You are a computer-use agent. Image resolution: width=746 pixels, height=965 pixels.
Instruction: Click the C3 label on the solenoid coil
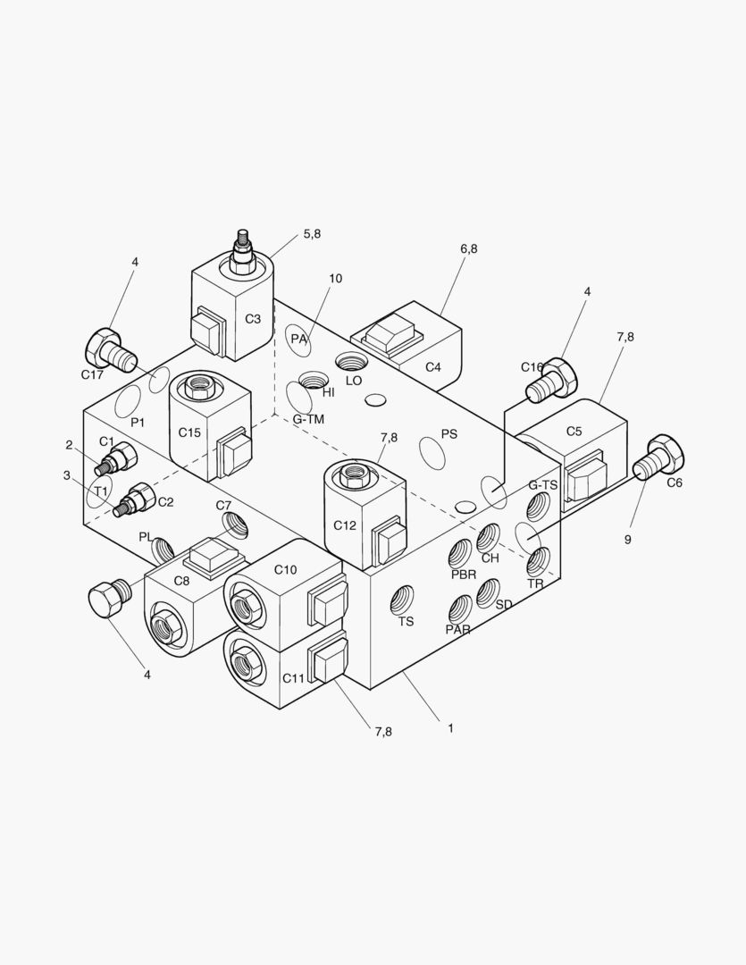click(252, 319)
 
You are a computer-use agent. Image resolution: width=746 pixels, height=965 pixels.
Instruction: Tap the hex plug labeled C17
click(110, 351)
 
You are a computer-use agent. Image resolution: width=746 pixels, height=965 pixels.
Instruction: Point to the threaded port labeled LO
click(350, 361)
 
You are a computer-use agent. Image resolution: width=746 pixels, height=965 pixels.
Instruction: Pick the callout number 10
click(335, 278)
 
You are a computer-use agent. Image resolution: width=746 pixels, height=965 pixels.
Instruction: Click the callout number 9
click(628, 540)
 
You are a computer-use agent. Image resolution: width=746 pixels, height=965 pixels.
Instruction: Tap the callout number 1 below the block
click(450, 728)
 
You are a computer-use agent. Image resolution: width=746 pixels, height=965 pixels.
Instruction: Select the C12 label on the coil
click(345, 525)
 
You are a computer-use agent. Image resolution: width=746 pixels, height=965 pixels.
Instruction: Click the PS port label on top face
click(449, 434)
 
